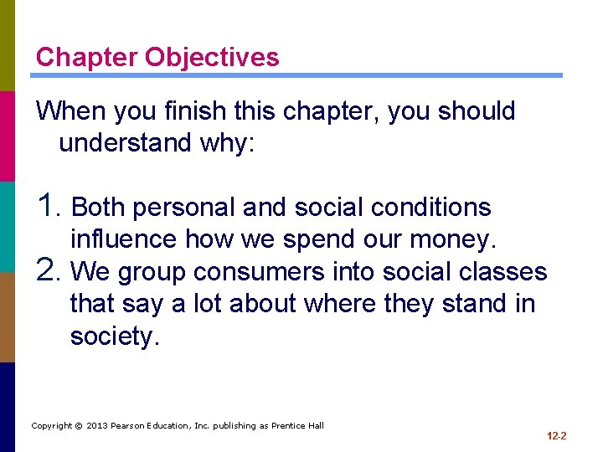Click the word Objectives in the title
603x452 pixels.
[212, 58]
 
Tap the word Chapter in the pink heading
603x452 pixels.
[87, 58]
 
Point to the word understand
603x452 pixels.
[126, 143]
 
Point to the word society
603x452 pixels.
[114, 336]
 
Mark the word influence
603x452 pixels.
[124, 240]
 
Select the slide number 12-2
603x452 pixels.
[557, 436]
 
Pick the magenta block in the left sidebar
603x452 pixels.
[8, 136]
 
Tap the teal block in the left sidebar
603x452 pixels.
[8, 226]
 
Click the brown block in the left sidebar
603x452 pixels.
[8, 316]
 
